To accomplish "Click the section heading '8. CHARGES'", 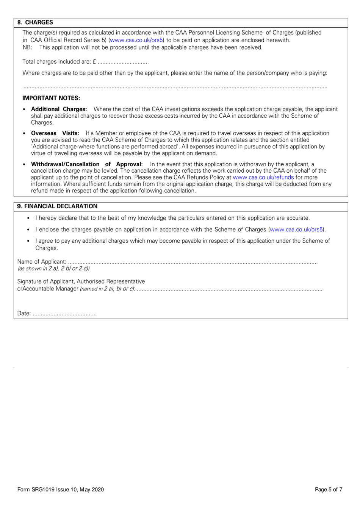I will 35,23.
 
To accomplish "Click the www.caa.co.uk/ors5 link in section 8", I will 136,40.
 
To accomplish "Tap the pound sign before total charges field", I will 94,62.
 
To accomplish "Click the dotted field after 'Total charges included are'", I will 123,62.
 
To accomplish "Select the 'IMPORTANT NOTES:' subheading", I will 51,98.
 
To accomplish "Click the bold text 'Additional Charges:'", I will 59,109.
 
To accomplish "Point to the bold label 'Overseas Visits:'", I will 55,133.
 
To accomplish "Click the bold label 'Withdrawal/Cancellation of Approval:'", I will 87,164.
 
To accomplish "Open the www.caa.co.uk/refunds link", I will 263,177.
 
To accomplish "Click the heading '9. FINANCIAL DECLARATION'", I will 57,206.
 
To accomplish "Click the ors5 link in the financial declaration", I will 296,230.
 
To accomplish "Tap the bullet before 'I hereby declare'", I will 29,218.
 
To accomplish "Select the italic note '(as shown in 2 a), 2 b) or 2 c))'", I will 53,269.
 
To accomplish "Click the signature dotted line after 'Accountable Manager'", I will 229,289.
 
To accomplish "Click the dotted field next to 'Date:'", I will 64,314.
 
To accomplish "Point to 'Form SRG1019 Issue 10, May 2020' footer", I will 61,490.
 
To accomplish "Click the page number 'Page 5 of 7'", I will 329,490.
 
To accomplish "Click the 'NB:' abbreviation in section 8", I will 27,48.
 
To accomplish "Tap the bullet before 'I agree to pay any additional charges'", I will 29,241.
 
